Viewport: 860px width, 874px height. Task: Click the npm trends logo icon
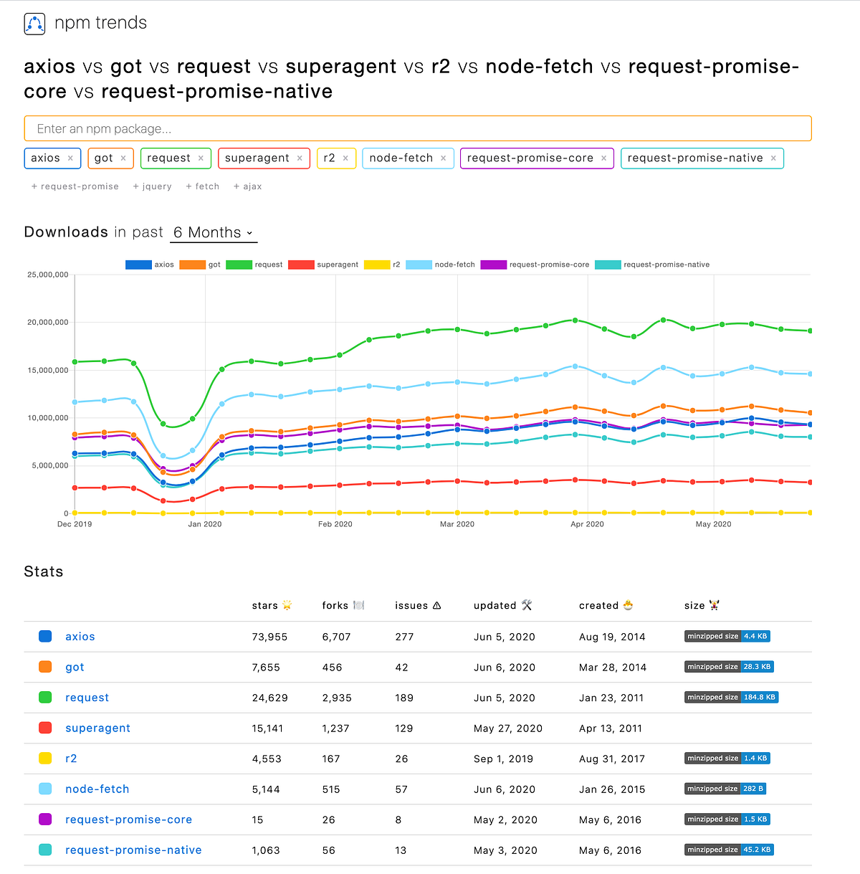click(x=34, y=24)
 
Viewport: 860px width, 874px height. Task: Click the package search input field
click(x=417, y=129)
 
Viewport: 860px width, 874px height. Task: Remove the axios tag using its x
click(x=70, y=158)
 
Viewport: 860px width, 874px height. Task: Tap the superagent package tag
click(x=257, y=158)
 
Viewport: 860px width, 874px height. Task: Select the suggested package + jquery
click(x=152, y=186)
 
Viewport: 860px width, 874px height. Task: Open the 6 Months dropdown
click(x=214, y=233)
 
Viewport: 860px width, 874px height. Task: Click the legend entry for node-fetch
click(x=440, y=265)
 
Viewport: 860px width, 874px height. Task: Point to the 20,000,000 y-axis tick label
click(x=48, y=323)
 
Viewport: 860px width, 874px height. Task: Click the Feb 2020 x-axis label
click(x=335, y=524)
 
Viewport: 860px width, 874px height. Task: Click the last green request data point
click(x=811, y=331)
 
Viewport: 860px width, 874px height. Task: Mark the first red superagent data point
click(x=75, y=488)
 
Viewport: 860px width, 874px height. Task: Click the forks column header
click(x=335, y=606)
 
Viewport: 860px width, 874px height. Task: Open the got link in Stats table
click(x=75, y=668)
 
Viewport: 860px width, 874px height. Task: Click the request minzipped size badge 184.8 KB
click(x=731, y=697)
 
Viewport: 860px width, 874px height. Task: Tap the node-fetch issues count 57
click(x=401, y=789)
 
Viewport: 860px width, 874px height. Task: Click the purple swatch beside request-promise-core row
click(x=45, y=820)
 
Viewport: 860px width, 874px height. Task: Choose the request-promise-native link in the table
click(x=133, y=850)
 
